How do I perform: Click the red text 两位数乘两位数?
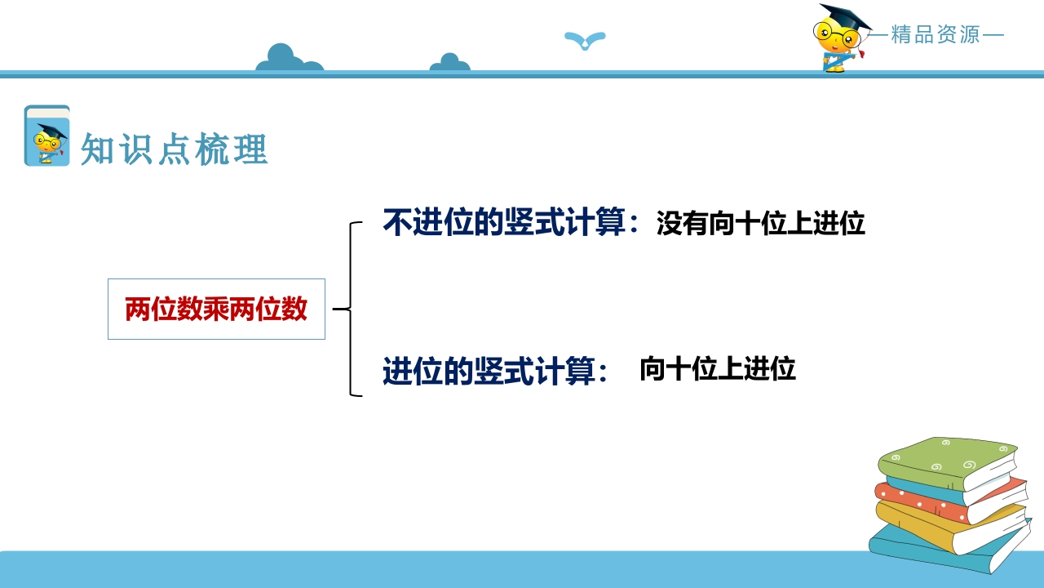(x=216, y=309)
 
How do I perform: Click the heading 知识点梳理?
(x=175, y=149)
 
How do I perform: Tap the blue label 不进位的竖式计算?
(x=504, y=222)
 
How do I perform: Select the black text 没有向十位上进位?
(x=761, y=223)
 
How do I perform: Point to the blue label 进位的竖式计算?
(x=489, y=371)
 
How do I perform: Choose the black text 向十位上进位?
(x=718, y=368)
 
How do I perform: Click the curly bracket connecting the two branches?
(x=350, y=309)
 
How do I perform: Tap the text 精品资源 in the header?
(x=936, y=34)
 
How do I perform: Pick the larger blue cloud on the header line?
(x=289, y=58)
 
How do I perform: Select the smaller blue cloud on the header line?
(x=449, y=63)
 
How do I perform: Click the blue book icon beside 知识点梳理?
(x=47, y=136)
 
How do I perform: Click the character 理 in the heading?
(x=250, y=149)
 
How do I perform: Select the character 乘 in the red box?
(x=216, y=309)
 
